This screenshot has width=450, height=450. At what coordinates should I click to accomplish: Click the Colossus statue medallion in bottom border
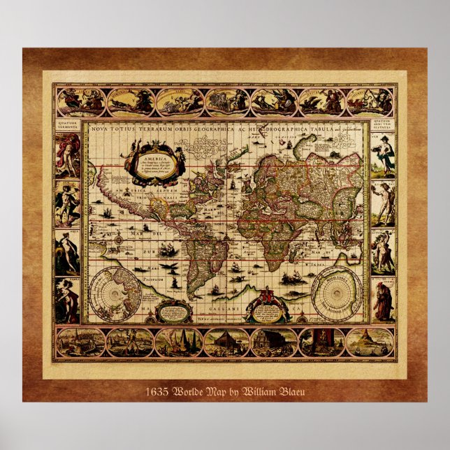click(129, 342)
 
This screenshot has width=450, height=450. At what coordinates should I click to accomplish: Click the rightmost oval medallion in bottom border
click(370, 342)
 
